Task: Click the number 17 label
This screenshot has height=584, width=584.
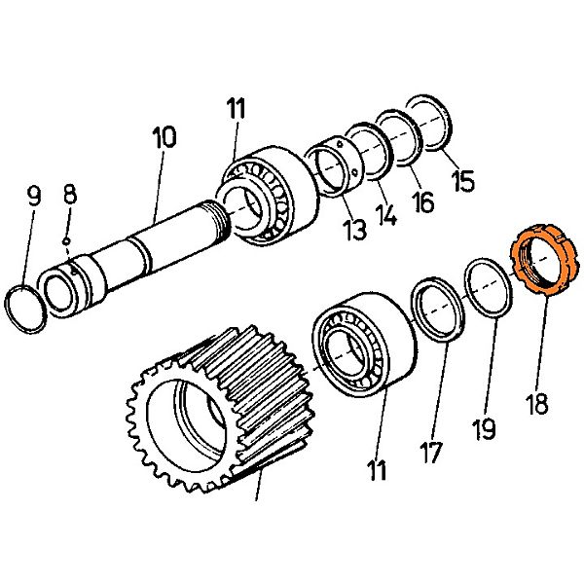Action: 431,451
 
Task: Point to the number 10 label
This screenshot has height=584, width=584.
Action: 164,136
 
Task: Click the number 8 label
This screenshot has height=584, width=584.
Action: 69,193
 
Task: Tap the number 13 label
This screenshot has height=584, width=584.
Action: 354,230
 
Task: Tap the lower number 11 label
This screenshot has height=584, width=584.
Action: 377,471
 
